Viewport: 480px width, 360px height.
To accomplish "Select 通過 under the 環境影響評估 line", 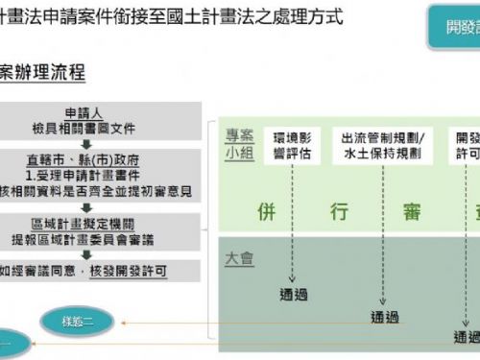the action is tap(294, 295).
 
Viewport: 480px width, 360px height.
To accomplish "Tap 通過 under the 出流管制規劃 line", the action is tap(384, 317).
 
